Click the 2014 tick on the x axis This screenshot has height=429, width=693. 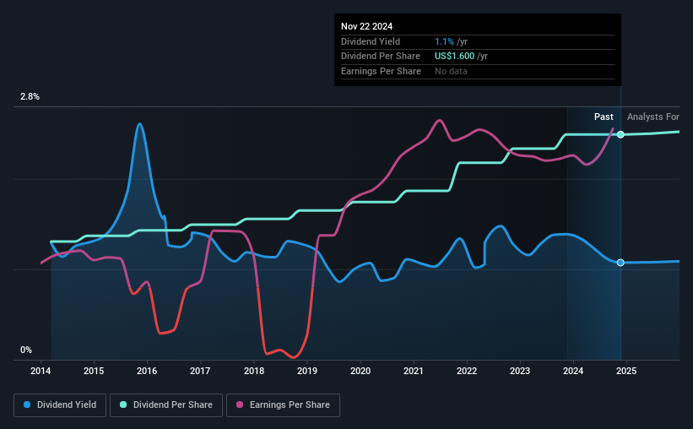[x=41, y=371]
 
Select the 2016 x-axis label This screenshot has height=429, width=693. [x=147, y=371]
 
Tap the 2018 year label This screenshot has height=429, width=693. [x=253, y=371]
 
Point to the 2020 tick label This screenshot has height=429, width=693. [x=360, y=371]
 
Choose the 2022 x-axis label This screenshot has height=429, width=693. [x=466, y=371]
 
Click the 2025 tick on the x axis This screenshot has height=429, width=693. [x=625, y=371]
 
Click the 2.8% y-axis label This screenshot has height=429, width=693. [x=30, y=97]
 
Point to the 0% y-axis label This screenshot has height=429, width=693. [x=26, y=350]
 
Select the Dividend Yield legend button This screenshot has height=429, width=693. [x=60, y=405]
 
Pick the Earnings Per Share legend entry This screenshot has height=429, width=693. [x=285, y=405]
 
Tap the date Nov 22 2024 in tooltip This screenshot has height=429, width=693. [x=366, y=25]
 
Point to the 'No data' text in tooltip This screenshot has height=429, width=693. [x=450, y=71]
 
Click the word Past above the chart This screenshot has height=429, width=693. [x=604, y=117]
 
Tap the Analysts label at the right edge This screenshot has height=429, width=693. [x=652, y=117]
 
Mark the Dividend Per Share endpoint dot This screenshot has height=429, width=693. [x=620, y=134]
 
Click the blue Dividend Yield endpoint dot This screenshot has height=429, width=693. [x=620, y=263]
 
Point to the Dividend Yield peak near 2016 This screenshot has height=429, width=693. [x=140, y=124]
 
